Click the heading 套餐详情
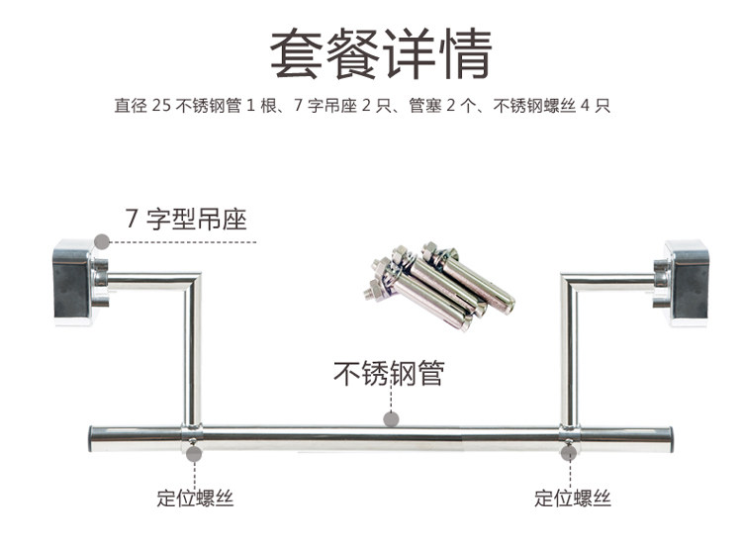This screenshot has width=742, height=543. (381, 53)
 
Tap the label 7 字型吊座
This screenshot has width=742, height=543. (186, 219)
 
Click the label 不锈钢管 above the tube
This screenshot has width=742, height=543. (389, 374)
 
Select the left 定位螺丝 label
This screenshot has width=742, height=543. (195, 498)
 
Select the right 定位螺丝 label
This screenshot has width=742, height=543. (572, 498)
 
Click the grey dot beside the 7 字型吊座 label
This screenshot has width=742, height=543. (101, 241)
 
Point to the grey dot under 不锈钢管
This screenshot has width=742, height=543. (391, 419)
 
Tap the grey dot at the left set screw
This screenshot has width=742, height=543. (194, 454)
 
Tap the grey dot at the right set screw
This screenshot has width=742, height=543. (569, 453)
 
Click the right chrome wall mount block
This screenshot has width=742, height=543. (683, 282)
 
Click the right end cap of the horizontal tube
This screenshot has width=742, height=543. (670, 439)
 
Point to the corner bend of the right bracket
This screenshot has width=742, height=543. (570, 282)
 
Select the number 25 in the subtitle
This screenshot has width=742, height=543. (161, 105)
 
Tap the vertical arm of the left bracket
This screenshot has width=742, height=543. (193, 355)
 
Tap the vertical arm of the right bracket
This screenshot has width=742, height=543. (569, 355)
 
